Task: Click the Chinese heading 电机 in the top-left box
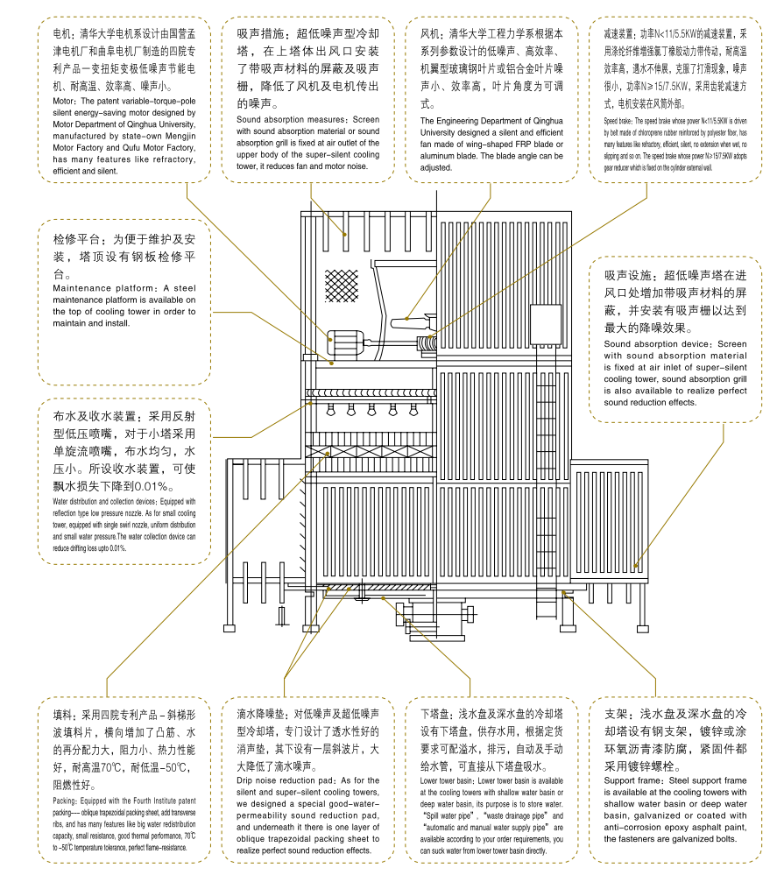pyautogui.click(x=62, y=34)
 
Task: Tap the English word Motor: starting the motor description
pyautogui.click(x=67, y=101)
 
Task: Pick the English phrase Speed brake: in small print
pyautogui.click(x=623, y=119)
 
